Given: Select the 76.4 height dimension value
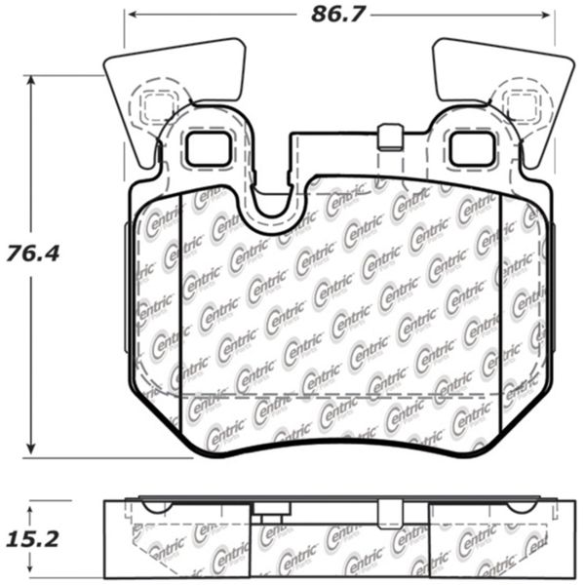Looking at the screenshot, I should tap(45, 253).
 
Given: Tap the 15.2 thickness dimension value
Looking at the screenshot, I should tap(45, 538).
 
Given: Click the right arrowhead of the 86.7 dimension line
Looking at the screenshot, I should tap(549, 15).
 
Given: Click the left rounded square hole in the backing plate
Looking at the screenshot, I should tap(207, 147).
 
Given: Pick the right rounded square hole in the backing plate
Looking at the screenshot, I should tap(471, 147).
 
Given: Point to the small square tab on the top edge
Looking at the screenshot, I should tap(390, 136).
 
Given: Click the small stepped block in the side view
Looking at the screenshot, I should tap(270, 520).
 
